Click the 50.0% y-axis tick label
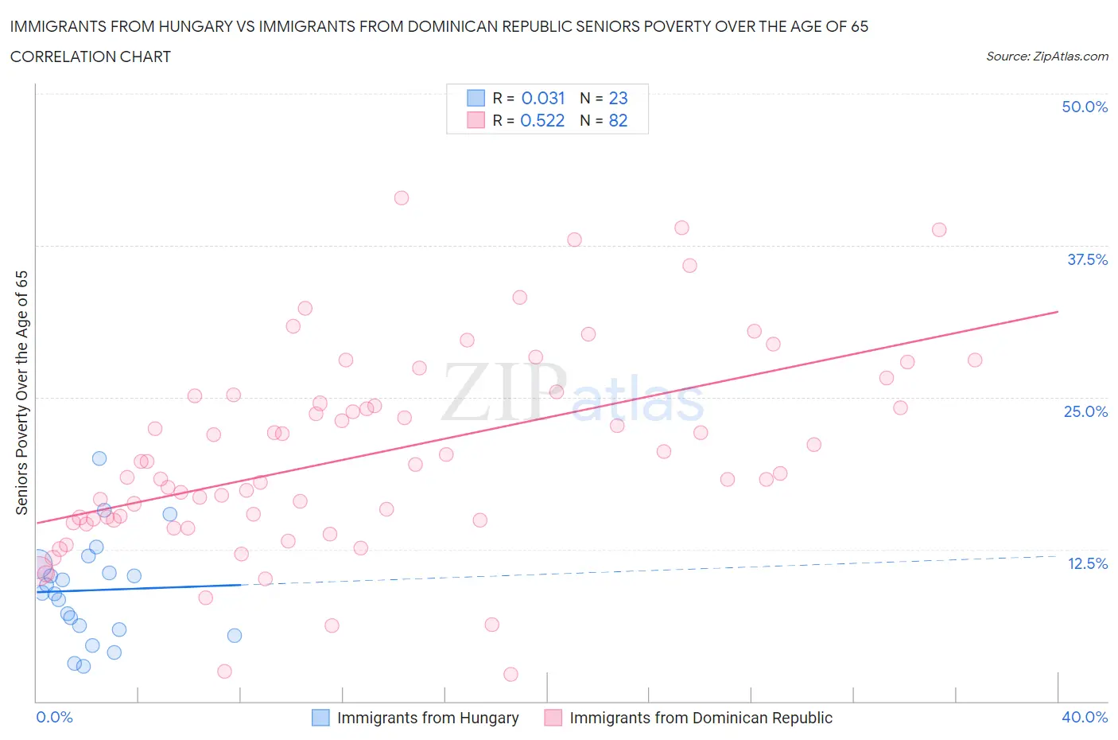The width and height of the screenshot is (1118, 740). (x=1084, y=107)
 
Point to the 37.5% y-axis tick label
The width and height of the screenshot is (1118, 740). (x=1086, y=259)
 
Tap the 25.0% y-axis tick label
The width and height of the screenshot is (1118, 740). (x=1085, y=411)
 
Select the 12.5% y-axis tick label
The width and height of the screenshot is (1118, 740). (x=1086, y=563)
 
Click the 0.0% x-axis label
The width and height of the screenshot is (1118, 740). (x=54, y=717)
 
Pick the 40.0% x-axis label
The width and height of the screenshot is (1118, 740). (x=1084, y=717)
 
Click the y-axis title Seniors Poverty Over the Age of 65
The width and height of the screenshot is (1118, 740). (x=21, y=392)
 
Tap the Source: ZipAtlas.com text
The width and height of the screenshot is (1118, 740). (x=1046, y=56)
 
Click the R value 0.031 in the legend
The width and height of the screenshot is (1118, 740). (x=542, y=98)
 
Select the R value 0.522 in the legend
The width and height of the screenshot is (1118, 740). (x=542, y=120)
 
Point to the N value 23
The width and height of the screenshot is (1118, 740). (x=618, y=98)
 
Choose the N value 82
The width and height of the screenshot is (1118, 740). (x=618, y=120)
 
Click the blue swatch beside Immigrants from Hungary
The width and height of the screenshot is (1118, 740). (x=320, y=718)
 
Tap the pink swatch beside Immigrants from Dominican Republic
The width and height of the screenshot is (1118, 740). (x=553, y=718)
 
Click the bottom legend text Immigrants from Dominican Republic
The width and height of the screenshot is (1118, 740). (x=701, y=718)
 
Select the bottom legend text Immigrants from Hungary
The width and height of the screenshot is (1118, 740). (x=428, y=718)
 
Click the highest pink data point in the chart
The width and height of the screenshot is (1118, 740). (x=402, y=198)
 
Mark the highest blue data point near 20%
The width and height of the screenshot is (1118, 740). (x=99, y=458)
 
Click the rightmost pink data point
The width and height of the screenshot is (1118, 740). (x=975, y=360)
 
